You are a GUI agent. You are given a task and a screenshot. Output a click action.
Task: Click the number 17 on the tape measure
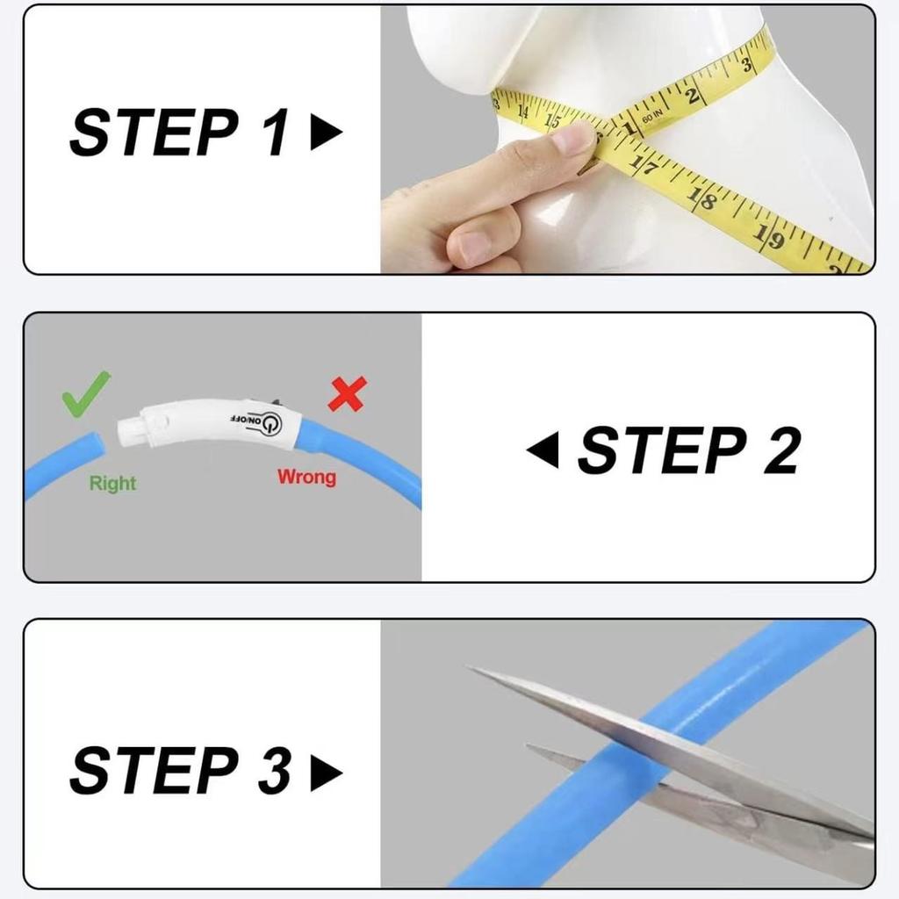point(645,165)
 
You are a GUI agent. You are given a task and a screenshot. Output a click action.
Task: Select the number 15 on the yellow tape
point(553,119)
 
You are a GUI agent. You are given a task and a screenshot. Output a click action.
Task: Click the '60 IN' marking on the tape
point(651,115)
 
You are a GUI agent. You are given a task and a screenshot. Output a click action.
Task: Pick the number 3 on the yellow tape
point(745,65)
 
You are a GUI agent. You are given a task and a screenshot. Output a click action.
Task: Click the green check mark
point(86,393)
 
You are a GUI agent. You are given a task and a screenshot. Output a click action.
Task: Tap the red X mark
point(347,394)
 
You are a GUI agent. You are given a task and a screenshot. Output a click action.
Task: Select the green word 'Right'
point(112,483)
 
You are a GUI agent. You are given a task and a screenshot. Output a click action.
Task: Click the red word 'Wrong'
point(306,477)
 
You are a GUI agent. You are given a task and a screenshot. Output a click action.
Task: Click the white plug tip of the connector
point(130,430)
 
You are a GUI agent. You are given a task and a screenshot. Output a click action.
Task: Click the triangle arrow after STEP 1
point(326,133)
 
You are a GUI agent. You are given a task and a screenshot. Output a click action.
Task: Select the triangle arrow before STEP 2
point(543,451)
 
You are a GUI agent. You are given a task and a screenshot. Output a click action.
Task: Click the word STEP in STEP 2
point(660,451)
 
